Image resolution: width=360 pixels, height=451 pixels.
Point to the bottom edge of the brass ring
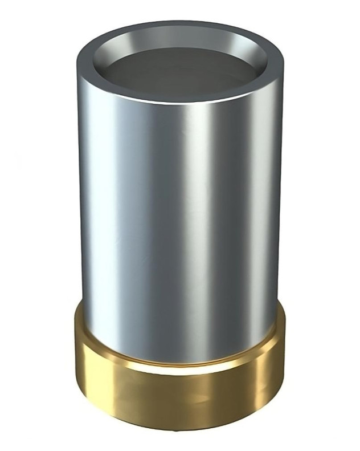[179, 429]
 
